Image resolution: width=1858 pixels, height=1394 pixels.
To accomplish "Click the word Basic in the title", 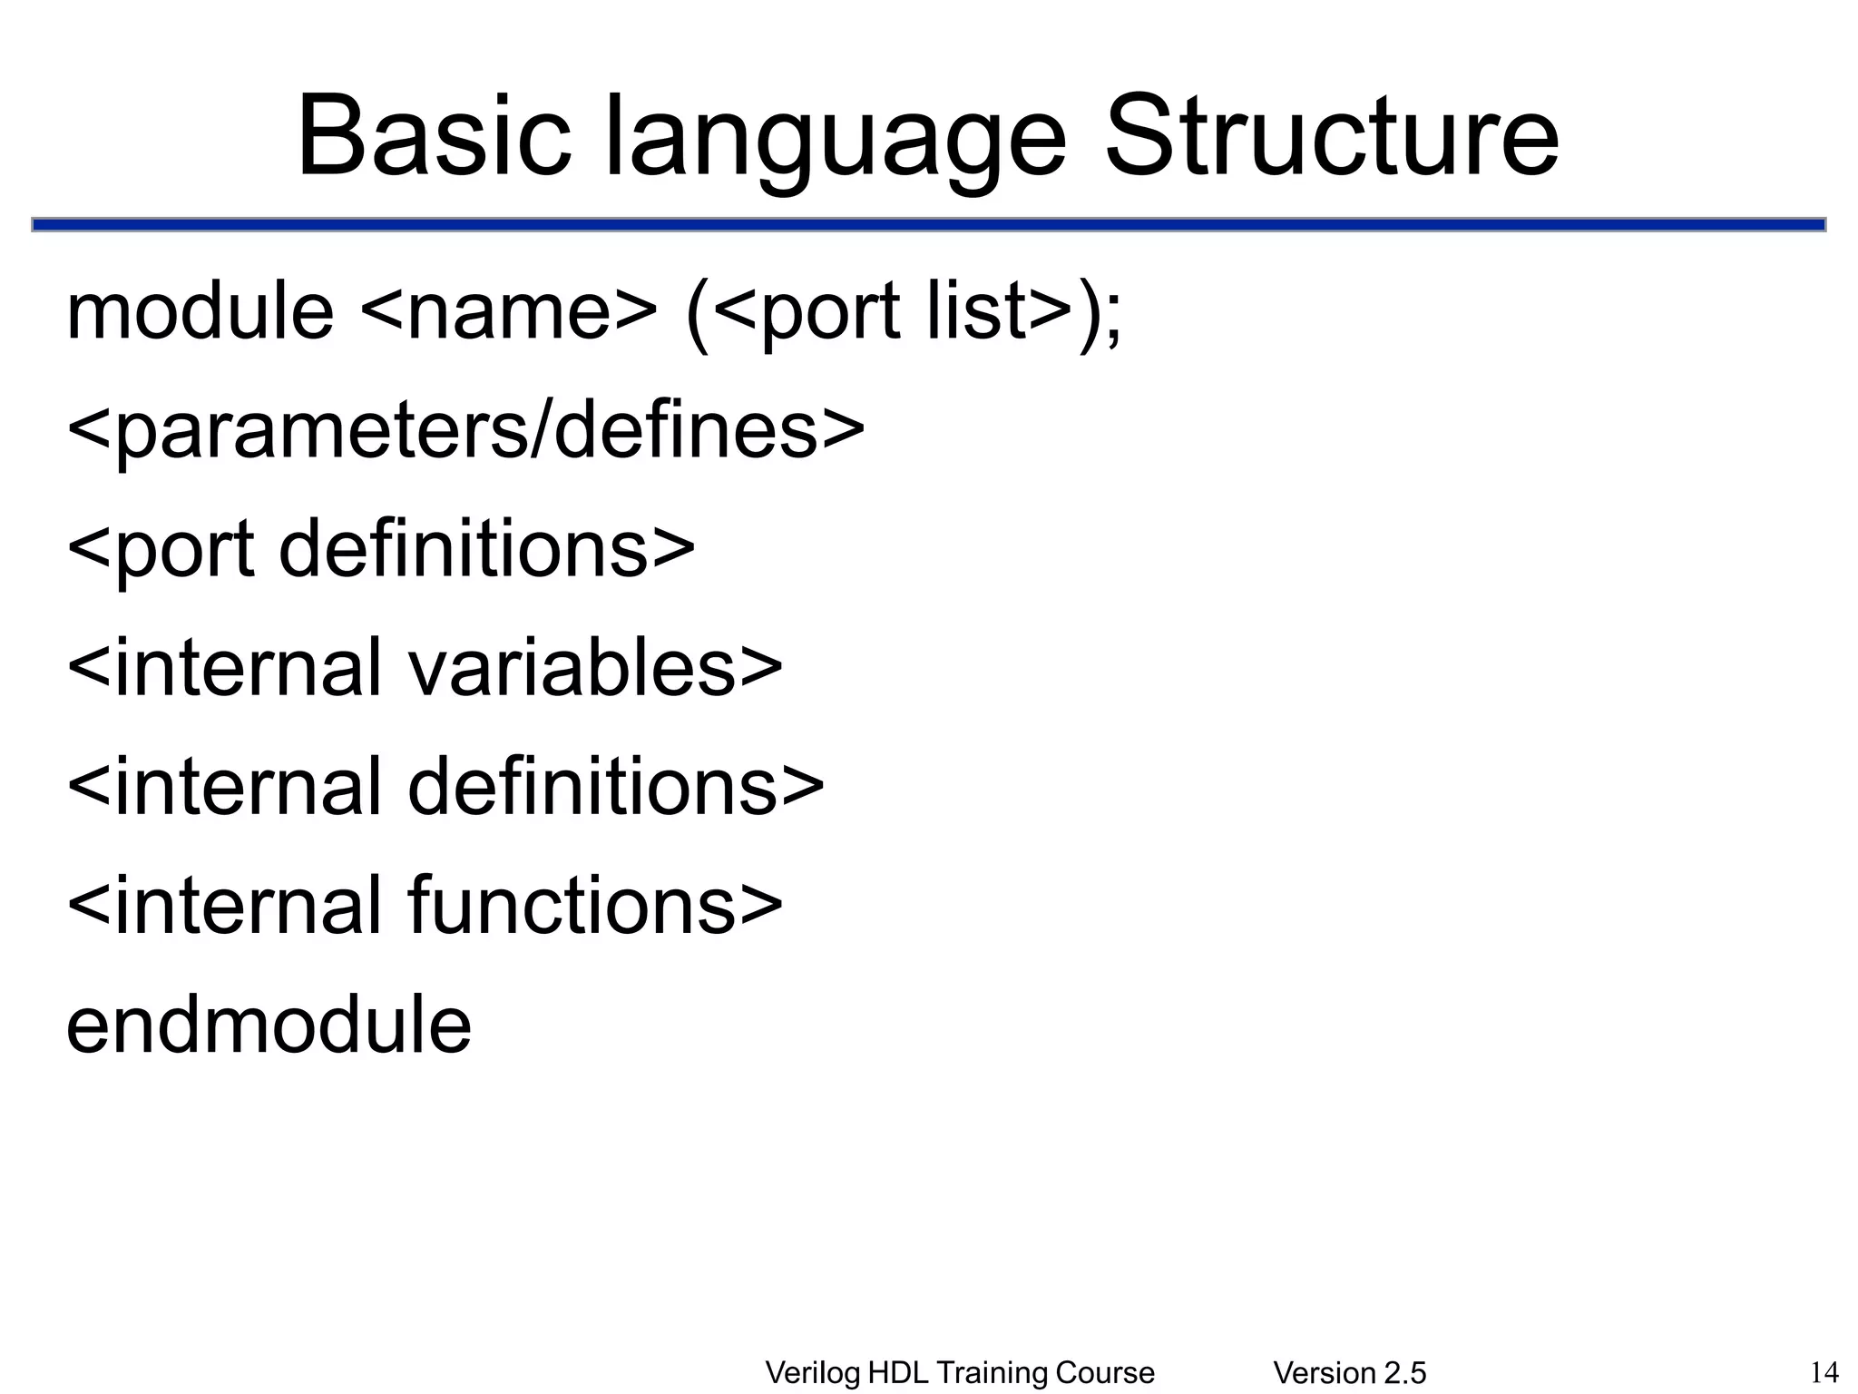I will (x=434, y=138).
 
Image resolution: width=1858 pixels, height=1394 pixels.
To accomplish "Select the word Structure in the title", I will (x=1331, y=138).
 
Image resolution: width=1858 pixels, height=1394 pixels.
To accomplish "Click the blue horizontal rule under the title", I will (x=928, y=224).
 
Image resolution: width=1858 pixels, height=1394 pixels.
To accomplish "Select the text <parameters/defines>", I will (x=465, y=431).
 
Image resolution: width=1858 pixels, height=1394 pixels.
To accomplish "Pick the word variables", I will (x=572, y=668).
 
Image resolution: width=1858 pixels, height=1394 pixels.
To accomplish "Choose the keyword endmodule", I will (x=269, y=1025).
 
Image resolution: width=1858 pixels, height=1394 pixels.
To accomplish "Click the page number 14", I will (x=1824, y=1371).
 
